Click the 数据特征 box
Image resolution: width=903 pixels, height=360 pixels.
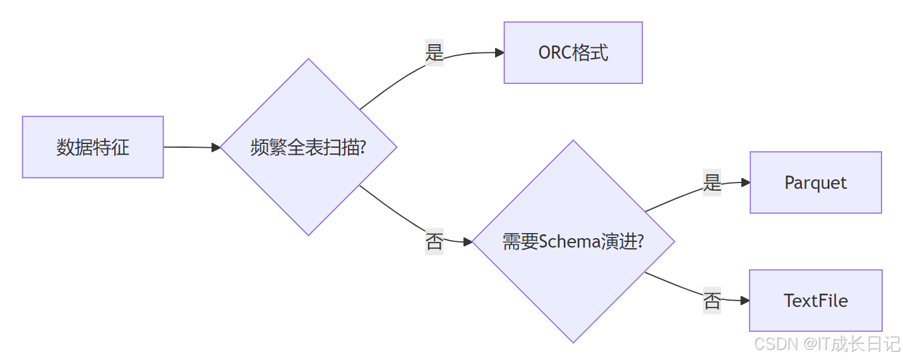[93, 147]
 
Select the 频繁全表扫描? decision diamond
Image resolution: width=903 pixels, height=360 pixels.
[308, 147]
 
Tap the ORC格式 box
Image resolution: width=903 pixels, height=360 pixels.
[573, 52]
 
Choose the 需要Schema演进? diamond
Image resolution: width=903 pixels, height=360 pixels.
[573, 241]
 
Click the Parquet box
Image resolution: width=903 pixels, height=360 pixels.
[815, 183]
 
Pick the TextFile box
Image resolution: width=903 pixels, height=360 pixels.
[815, 301]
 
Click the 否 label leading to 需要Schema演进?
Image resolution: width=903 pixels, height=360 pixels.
[434, 241]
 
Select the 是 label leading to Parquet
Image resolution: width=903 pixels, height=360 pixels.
[712, 183]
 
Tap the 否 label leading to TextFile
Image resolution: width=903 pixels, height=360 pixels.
[712, 300]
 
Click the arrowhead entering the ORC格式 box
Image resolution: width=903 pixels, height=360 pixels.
[499, 52]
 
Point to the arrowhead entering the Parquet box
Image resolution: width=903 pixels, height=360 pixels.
[746, 183]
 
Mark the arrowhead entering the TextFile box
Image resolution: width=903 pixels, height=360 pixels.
[745, 301]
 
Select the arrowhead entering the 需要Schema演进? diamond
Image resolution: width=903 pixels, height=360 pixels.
[468, 241]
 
